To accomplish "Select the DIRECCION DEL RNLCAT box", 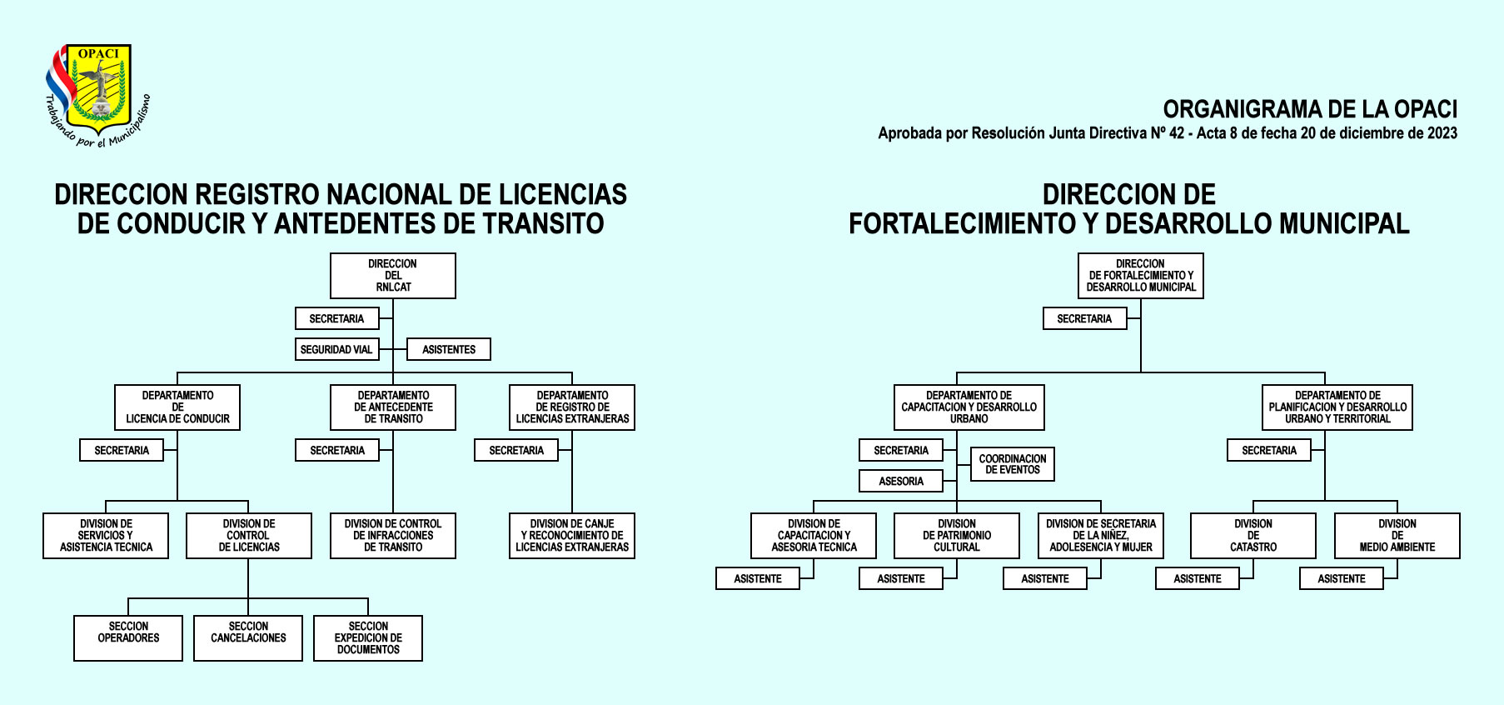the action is [x=393, y=276].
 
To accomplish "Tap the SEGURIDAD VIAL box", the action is [x=337, y=349].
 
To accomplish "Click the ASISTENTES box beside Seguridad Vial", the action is [x=449, y=349].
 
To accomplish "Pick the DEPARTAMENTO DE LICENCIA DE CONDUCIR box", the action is [x=177, y=407].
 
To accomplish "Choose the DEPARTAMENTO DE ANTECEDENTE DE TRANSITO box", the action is [x=393, y=407].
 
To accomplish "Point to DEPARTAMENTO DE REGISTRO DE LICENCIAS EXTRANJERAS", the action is [x=572, y=407].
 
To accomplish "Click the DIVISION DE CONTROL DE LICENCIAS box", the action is [x=249, y=536].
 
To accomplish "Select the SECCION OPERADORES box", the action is [x=128, y=638].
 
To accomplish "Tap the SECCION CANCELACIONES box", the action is [x=248, y=638].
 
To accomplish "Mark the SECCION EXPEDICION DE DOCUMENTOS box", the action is [x=368, y=638].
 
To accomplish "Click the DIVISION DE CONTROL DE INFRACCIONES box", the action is [x=393, y=536].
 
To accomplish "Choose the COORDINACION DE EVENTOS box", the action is [x=1013, y=464].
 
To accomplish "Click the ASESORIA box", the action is [x=901, y=481].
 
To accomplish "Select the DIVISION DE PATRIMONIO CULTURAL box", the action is [x=957, y=536].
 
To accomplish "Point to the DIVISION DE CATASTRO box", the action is [x=1253, y=536].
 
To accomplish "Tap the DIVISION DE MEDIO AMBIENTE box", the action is [x=1397, y=536].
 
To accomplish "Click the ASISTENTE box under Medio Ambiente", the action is [x=1342, y=578].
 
